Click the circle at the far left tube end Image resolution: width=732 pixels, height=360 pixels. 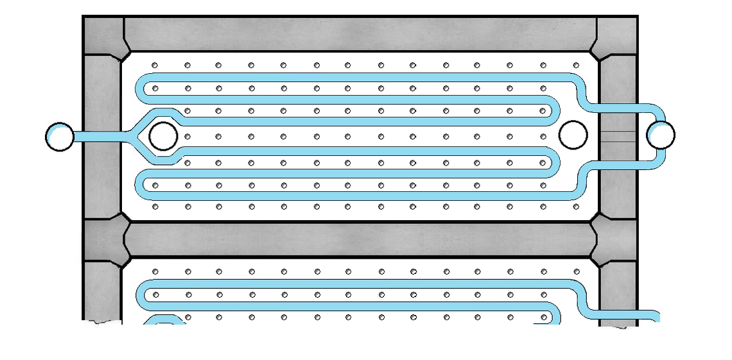[60, 137]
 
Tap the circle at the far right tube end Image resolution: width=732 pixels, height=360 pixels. [661, 135]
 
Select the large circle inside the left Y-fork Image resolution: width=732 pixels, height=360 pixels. [163, 136]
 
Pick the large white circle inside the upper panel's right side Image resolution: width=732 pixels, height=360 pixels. [573, 135]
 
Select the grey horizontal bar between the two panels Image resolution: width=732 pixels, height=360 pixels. [360, 239]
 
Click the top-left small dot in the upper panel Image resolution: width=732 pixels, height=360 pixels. [155, 65]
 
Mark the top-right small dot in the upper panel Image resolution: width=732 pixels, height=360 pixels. [576, 65]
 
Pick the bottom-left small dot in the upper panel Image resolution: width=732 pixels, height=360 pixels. [155, 207]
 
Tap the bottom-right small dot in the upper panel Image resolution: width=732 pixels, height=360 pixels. [576, 207]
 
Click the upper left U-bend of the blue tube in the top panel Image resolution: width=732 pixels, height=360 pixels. [141, 88]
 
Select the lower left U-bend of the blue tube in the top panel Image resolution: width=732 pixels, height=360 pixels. [141, 185]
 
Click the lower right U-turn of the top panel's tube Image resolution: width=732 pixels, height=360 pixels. [555, 162]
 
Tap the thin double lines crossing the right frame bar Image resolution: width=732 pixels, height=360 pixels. [618, 136]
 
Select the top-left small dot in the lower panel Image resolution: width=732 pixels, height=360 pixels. [155, 271]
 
